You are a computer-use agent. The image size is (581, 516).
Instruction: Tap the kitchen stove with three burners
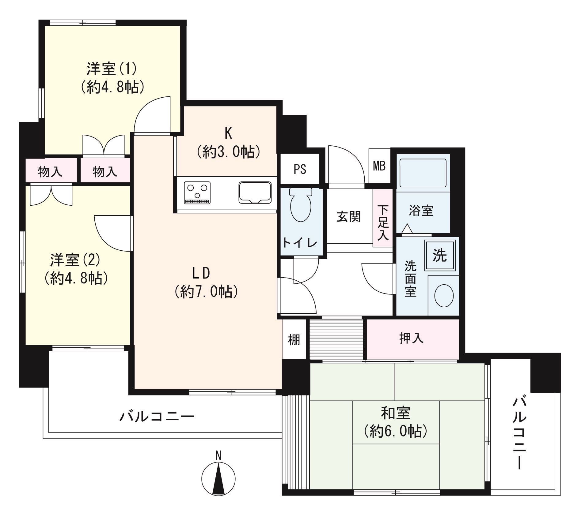click(x=197, y=193)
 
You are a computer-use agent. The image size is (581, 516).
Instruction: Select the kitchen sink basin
click(x=255, y=192)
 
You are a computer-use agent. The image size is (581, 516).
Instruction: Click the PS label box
click(x=300, y=169)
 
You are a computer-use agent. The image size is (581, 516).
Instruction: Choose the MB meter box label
click(x=379, y=166)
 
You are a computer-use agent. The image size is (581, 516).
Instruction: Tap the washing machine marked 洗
click(x=440, y=255)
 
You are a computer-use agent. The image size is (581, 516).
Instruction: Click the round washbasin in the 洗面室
click(x=444, y=296)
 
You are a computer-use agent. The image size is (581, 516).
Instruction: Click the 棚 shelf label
click(x=294, y=339)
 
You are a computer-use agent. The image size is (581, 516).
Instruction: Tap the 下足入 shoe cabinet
click(x=383, y=218)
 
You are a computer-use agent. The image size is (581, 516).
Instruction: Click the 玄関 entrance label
click(x=349, y=217)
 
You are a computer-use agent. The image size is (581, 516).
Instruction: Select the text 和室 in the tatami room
click(x=395, y=413)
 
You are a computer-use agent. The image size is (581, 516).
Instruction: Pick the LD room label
click(x=201, y=273)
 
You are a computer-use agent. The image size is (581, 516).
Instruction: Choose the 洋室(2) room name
click(x=75, y=260)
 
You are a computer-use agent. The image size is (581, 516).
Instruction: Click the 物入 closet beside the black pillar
click(x=50, y=172)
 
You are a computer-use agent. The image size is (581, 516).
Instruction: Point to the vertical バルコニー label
click(x=520, y=432)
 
